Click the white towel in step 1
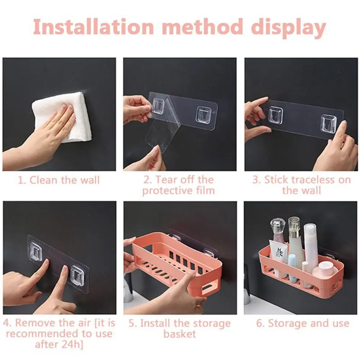(x=62, y=117)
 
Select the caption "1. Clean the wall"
(x=59, y=180)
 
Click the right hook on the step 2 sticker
(x=203, y=114)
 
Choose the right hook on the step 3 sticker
(x=328, y=122)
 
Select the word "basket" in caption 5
(x=180, y=334)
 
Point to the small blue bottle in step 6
(x=293, y=267)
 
